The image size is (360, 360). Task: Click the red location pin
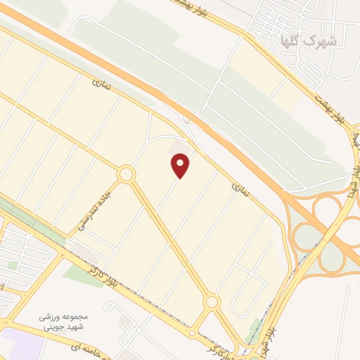(181, 165)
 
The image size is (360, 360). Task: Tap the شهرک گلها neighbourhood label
(308, 41)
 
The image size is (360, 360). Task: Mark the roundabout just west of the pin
(127, 174)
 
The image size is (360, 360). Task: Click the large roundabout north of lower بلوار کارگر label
(212, 302)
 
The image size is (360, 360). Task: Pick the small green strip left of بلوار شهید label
(254, 328)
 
